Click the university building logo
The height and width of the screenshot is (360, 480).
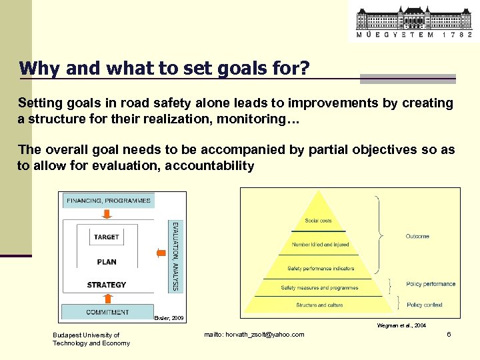(x=413, y=21)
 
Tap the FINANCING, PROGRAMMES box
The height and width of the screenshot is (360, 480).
(x=109, y=201)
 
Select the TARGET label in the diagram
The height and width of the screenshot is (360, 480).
(x=107, y=237)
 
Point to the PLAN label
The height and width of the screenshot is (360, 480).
(x=107, y=262)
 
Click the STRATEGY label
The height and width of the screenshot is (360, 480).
(x=107, y=285)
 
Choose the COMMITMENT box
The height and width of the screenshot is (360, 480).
(x=107, y=312)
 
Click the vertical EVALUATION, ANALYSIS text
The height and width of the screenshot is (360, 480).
(x=175, y=256)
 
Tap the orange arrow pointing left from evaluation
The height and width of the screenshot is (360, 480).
(x=160, y=253)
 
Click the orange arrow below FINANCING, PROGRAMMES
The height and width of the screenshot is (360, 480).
(x=107, y=214)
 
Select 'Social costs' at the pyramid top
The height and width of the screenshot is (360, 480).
(x=318, y=221)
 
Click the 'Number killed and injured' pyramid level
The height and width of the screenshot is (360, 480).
(x=320, y=245)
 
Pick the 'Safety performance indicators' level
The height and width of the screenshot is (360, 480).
(x=320, y=269)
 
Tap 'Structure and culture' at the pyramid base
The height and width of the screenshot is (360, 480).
(x=319, y=305)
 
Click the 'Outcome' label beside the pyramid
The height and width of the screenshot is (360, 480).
(x=417, y=237)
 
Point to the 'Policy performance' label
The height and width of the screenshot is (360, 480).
(x=431, y=284)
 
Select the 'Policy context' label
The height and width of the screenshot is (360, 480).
(x=424, y=305)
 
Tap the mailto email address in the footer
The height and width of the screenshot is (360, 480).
(x=254, y=334)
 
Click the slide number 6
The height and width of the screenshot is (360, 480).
(x=449, y=334)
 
